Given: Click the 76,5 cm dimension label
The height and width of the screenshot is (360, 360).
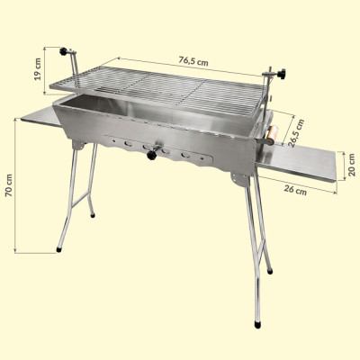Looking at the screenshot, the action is click(193, 61).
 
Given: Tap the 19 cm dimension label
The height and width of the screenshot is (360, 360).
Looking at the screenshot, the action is click(38, 69).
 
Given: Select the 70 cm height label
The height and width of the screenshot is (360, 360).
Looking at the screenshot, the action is click(9, 185).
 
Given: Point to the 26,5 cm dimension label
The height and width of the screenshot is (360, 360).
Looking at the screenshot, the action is click(295, 133).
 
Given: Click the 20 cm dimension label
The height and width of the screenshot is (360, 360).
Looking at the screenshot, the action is click(352, 165).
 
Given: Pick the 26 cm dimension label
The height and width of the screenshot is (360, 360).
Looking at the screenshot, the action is click(295, 190).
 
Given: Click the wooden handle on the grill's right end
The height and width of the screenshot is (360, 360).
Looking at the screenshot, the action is click(273, 135).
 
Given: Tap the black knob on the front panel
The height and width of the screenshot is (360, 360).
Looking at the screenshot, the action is click(151, 155).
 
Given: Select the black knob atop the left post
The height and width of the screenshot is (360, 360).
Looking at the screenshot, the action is click(63, 51).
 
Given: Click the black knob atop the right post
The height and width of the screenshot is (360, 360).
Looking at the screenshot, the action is click(282, 74).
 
